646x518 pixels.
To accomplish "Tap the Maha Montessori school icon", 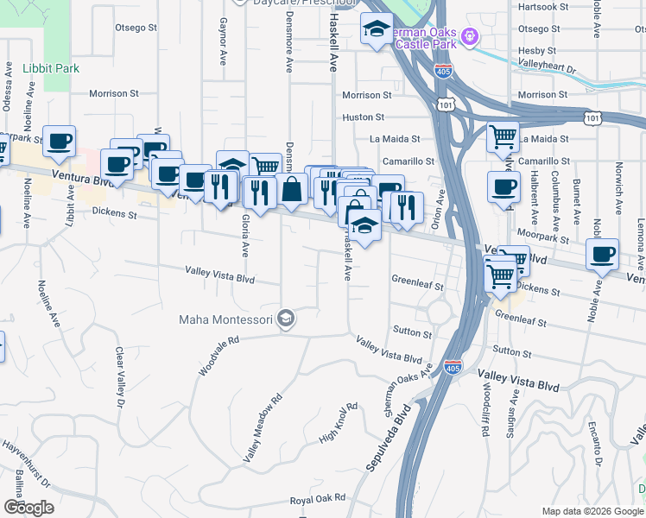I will (x=287, y=319).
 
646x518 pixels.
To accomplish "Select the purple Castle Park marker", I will (x=469, y=36).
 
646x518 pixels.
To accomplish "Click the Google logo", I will (x=28, y=508).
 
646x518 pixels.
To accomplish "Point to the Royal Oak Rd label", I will (x=317, y=498).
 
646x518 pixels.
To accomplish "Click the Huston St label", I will (x=363, y=117).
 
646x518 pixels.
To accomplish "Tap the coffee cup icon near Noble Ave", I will (x=602, y=255).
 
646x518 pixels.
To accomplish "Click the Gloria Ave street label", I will (x=245, y=236).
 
